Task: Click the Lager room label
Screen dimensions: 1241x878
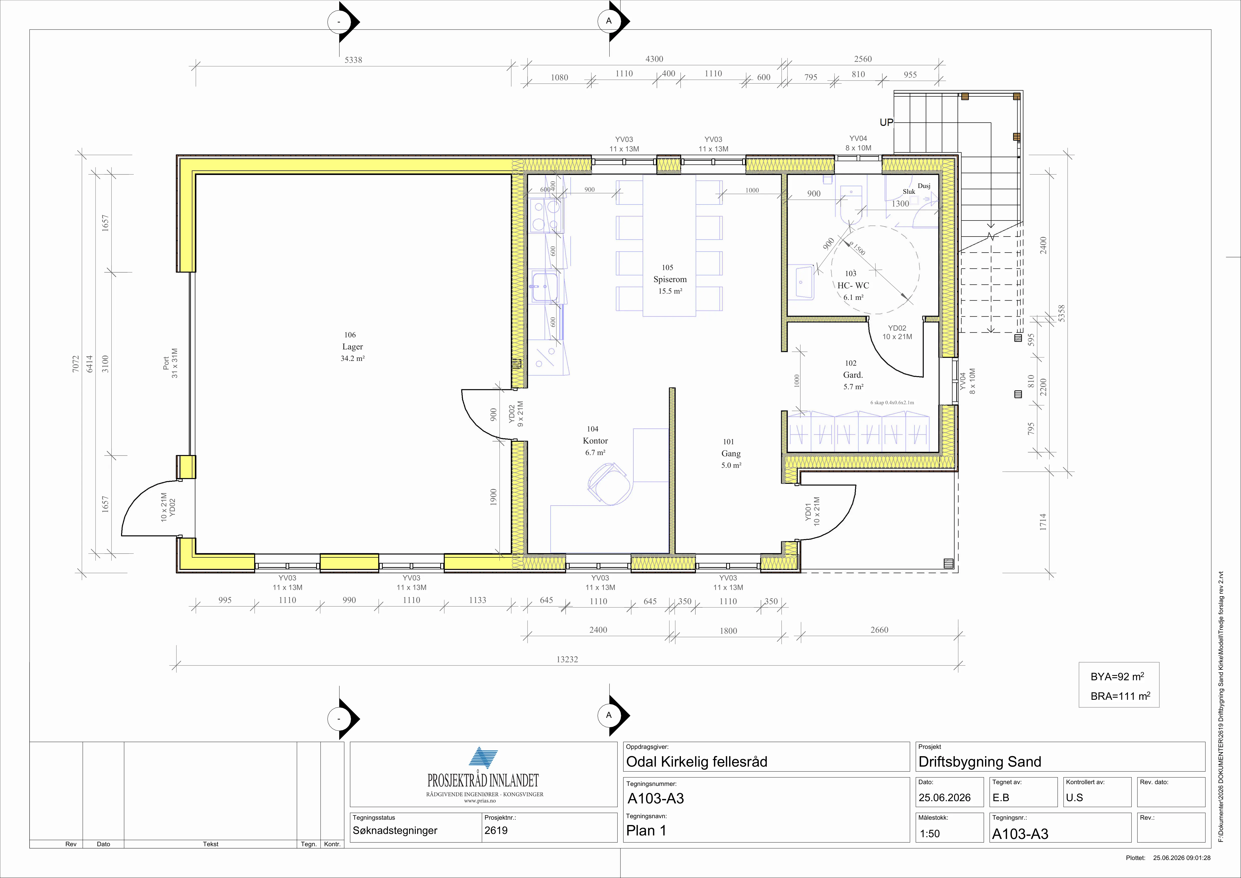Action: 352,347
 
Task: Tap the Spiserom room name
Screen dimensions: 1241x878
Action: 670,280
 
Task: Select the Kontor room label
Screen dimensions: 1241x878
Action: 595,441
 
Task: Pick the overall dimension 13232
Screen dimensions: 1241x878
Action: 567,659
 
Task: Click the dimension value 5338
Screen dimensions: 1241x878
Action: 353,60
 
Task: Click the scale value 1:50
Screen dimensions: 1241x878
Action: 930,834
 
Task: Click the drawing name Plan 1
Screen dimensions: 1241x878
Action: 646,830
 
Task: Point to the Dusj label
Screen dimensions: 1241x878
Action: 924,186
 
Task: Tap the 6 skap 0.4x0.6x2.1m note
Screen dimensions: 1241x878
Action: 892,402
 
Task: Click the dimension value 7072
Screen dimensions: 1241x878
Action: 76,363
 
